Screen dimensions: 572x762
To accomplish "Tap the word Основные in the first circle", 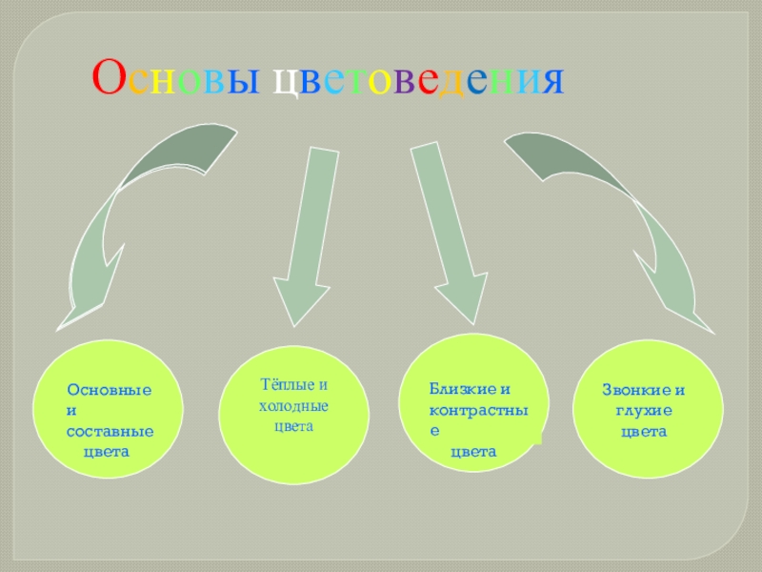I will pos(110,391).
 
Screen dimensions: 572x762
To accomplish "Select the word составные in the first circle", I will pos(110,432).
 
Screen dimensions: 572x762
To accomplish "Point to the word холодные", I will pos(294,406).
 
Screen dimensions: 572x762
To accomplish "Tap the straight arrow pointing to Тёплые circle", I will pos(306,238).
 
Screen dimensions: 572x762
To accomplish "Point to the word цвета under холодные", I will pos(293,427).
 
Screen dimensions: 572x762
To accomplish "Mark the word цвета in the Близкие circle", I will pos(473,452).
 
